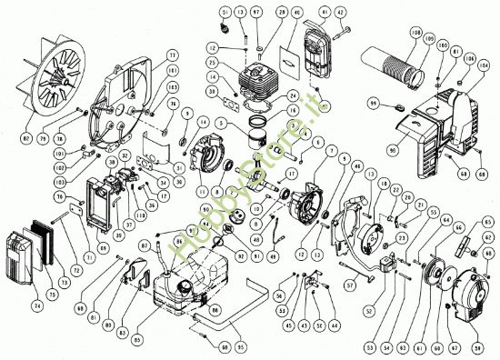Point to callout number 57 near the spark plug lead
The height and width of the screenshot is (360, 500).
(349, 285)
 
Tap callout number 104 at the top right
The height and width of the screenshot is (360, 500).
(482, 65)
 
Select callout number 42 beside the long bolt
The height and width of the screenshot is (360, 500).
(342, 14)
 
